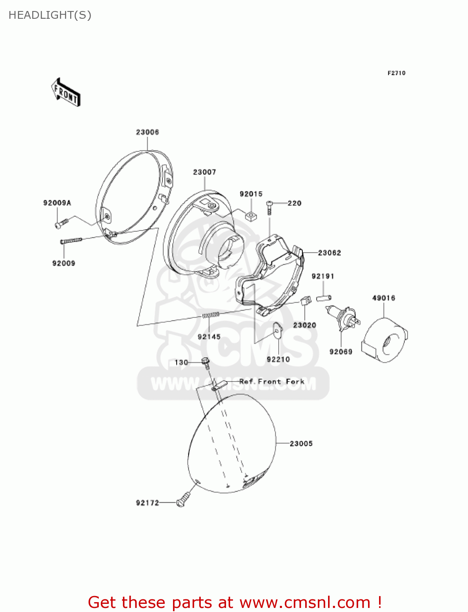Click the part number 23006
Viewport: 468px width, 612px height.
point(147,132)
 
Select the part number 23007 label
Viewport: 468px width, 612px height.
point(204,172)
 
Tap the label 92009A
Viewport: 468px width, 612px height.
point(57,203)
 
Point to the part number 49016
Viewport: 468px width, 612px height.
point(384,298)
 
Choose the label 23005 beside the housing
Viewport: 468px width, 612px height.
point(301,443)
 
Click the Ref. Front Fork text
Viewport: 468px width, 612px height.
point(272,381)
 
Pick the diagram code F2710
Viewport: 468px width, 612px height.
point(396,73)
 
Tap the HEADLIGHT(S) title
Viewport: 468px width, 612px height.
point(50,15)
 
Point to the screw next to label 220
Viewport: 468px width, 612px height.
point(269,208)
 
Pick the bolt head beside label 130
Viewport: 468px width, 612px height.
point(206,361)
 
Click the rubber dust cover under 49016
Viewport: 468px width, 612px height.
point(385,340)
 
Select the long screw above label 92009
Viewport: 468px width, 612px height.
point(71,241)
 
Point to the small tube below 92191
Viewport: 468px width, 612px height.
point(324,298)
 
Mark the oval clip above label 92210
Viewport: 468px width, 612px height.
point(277,331)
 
